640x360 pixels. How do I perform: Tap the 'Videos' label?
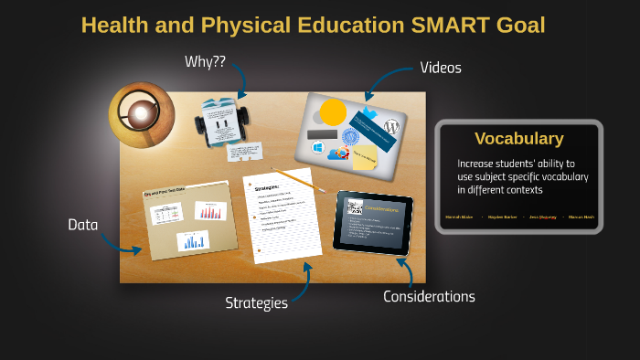[x=441, y=68]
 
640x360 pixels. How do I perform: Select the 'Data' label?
[x=83, y=224]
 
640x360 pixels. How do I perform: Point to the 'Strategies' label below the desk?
[x=257, y=302]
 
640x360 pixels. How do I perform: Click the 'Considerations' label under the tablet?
[x=429, y=296]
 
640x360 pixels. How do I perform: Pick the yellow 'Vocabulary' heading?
[x=518, y=139]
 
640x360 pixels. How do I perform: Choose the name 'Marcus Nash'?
[x=581, y=217]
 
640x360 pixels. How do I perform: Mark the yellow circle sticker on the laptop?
[x=333, y=112]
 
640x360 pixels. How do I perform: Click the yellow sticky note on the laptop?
[x=366, y=157]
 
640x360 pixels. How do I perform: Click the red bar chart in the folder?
[x=210, y=211]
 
